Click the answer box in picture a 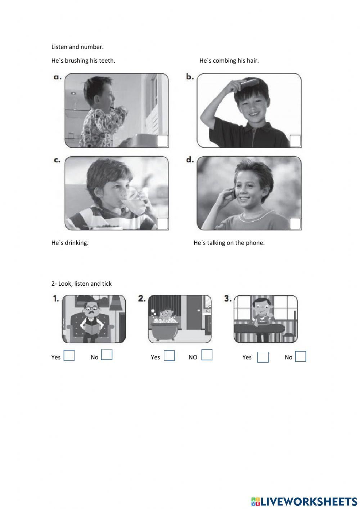(162, 141)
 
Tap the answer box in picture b (295, 141)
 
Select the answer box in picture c (162, 224)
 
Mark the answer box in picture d (295, 224)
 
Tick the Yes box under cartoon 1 (69, 356)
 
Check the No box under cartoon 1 (107, 355)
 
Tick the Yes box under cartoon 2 (169, 356)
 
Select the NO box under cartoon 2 (207, 355)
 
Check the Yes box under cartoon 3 (263, 357)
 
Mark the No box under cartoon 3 (301, 357)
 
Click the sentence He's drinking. (70, 243)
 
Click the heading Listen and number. (77, 47)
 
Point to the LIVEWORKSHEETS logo (304, 501)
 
